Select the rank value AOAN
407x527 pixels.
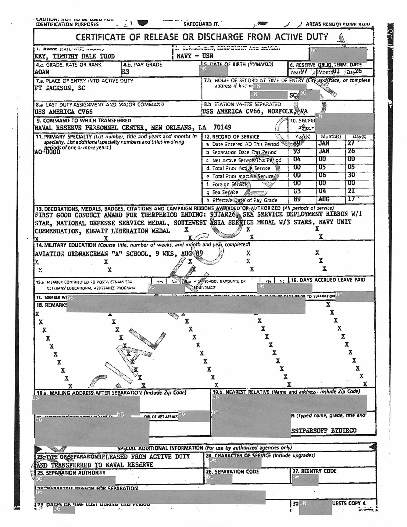click(x=42, y=72)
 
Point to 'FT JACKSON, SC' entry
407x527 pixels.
click(x=60, y=88)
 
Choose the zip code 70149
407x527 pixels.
click(x=222, y=127)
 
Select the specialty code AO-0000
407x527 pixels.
click(x=47, y=152)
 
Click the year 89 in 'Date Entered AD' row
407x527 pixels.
click(x=297, y=144)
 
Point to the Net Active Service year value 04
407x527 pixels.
click(x=297, y=159)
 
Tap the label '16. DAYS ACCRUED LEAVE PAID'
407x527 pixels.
click(x=328, y=280)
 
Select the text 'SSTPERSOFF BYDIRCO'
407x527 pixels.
click(x=324, y=431)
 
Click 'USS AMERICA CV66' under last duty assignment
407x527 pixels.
click(x=63, y=112)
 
